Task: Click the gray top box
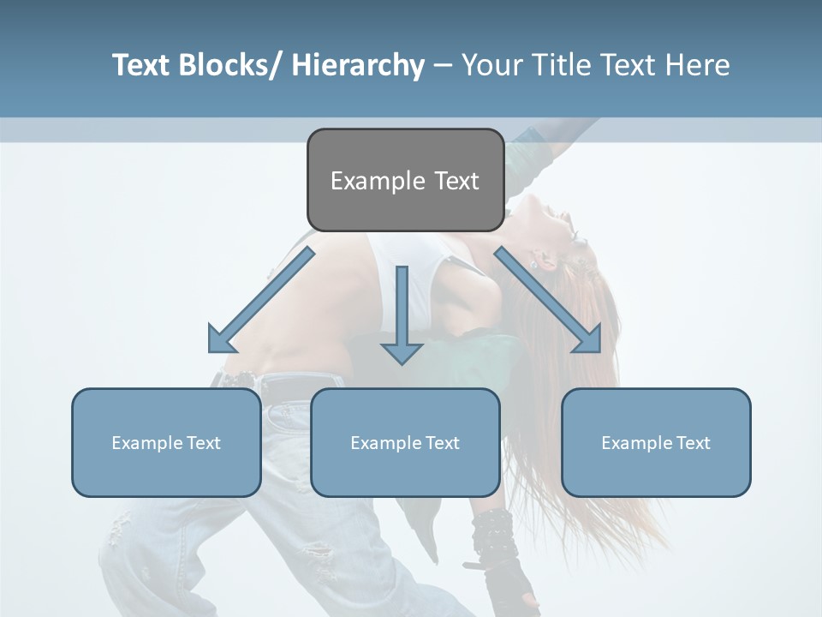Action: click(x=405, y=180)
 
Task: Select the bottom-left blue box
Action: click(x=166, y=442)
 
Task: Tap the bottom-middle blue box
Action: click(x=405, y=442)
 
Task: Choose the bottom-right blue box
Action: click(x=656, y=442)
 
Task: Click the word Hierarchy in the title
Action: click(x=358, y=65)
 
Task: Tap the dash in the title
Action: click(x=443, y=65)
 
